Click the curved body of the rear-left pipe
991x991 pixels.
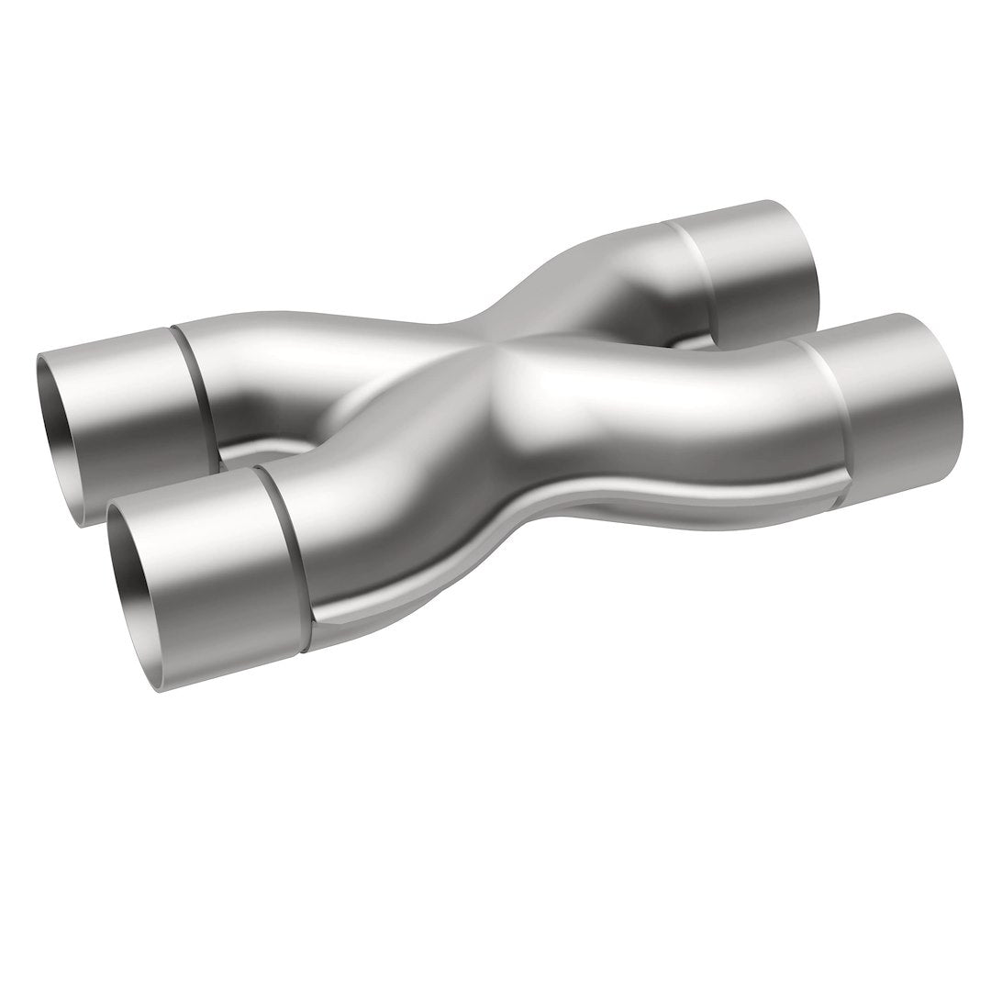(x=275, y=367)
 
